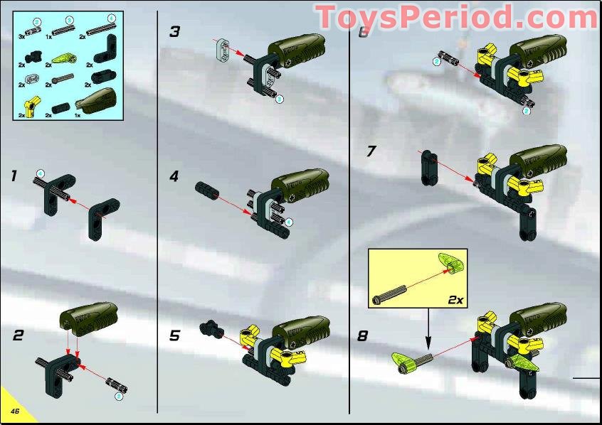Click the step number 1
click(14, 175)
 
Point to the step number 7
click(371, 151)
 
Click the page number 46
click(14, 411)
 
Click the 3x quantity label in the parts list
click(22, 36)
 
